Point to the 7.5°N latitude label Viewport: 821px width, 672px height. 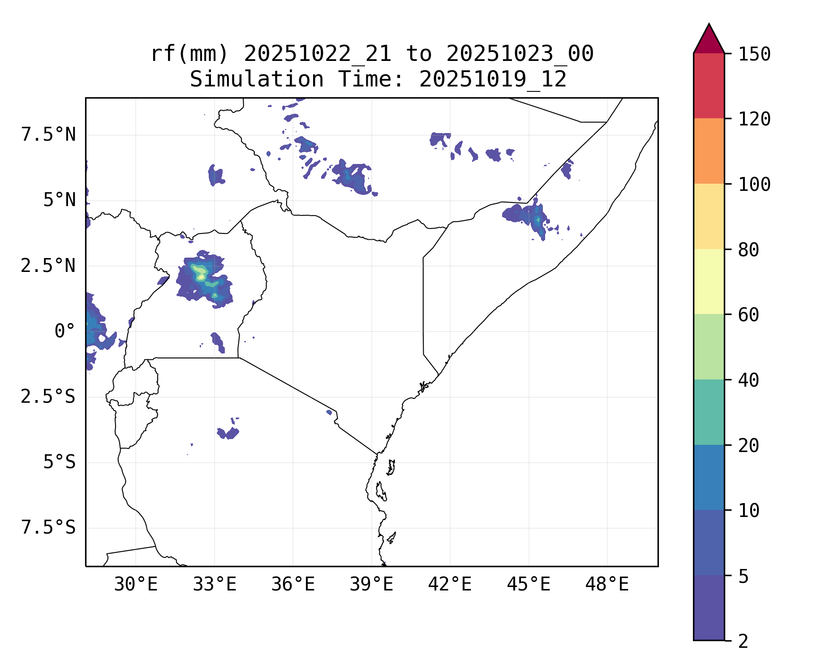(x=48, y=134)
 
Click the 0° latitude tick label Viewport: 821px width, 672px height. (x=64, y=332)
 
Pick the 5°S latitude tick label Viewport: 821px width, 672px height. (x=59, y=462)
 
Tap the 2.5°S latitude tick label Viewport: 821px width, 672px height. (x=48, y=397)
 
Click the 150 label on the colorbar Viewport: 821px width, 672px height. (x=754, y=54)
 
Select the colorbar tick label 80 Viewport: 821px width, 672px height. (x=748, y=250)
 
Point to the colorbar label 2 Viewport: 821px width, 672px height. (x=743, y=642)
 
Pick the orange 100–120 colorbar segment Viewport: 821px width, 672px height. (x=709, y=151)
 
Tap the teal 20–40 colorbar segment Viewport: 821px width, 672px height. (x=709, y=412)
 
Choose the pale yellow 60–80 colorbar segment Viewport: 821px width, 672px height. (x=709, y=281)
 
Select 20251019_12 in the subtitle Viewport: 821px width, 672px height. (x=493, y=80)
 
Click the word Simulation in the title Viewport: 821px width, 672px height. (x=257, y=80)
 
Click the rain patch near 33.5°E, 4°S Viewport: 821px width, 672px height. (x=228, y=433)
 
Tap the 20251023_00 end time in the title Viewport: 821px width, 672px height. (x=520, y=54)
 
